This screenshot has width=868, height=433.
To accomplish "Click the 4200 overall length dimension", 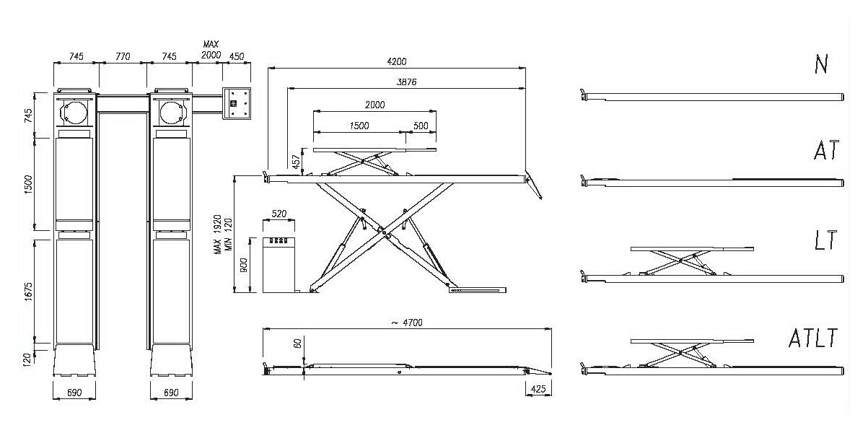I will coord(395,63).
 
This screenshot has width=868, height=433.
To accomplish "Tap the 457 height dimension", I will coord(296,162).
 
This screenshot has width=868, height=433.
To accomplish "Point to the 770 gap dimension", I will coord(123,56).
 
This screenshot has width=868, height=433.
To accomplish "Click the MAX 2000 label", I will coord(210,50).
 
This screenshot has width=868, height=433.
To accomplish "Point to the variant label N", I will coord(820,64).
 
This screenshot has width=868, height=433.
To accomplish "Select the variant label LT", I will coord(823,240).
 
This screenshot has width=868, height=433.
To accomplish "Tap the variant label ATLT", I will coord(812,337).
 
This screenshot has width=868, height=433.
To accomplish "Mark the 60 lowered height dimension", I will coord(297,344).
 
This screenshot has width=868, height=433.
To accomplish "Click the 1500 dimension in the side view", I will coord(359,126).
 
